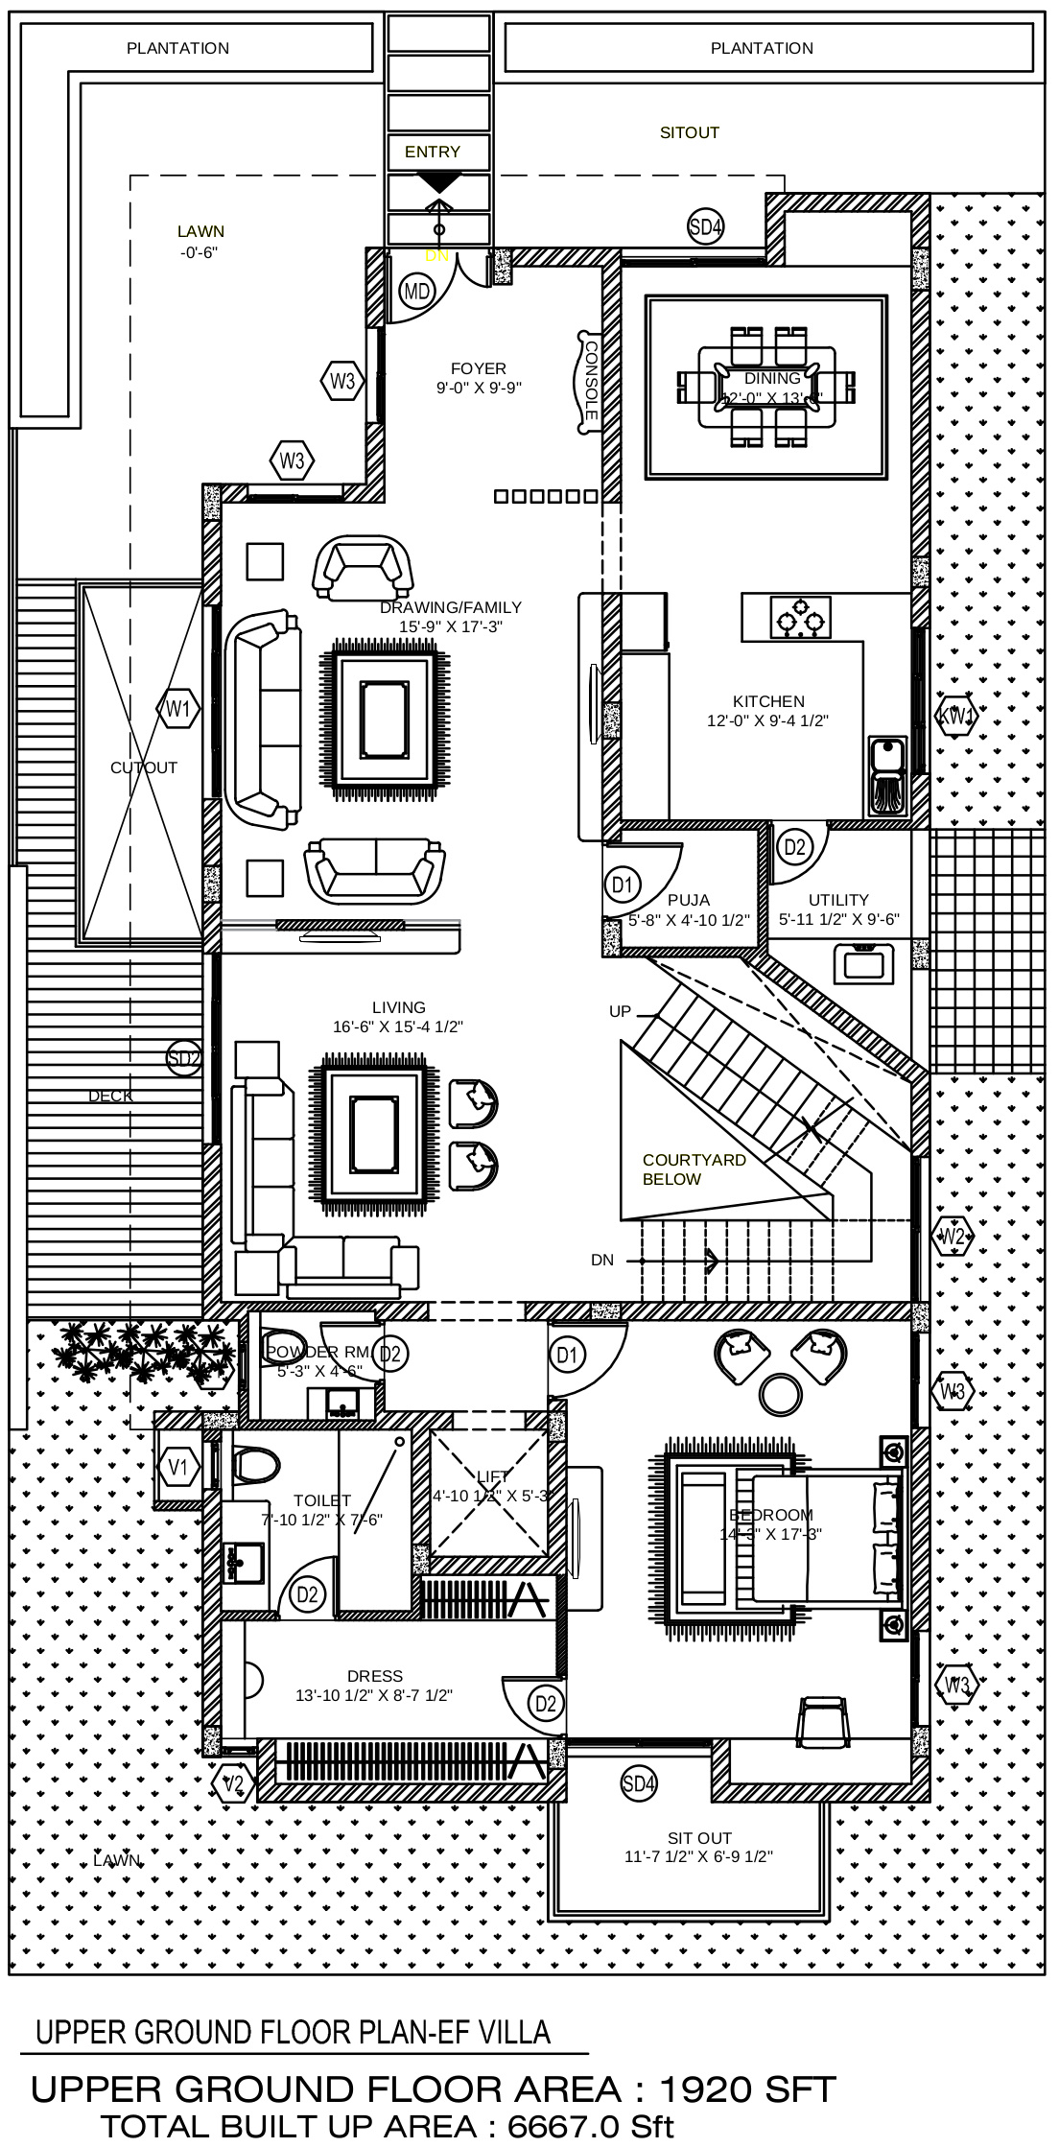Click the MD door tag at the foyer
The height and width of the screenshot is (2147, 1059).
tap(416, 291)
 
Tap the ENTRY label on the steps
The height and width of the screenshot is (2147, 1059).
tap(432, 152)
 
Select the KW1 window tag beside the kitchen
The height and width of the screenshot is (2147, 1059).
tap(956, 716)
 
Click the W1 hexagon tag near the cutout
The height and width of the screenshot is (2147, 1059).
tap(177, 710)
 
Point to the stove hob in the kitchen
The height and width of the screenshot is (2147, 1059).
tap(801, 617)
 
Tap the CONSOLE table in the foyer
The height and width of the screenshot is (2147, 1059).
tap(588, 381)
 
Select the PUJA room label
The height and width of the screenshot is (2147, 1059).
tap(689, 900)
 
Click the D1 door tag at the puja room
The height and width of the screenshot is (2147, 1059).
tap(623, 884)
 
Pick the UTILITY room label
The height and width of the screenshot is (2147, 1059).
tap(838, 900)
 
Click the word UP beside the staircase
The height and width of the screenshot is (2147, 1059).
tap(620, 1011)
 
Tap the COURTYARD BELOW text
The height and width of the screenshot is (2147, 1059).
tap(694, 1169)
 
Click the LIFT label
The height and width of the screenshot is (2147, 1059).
tap(492, 1476)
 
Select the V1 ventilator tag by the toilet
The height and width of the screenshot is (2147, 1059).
tap(178, 1467)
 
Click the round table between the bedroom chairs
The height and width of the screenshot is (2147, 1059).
tap(780, 1394)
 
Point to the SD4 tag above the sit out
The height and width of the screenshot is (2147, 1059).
tap(639, 1783)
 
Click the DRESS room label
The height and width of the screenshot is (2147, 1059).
tap(375, 1676)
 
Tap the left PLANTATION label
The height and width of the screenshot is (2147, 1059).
tap(177, 48)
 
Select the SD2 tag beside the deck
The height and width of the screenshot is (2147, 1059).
tap(184, 1059)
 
